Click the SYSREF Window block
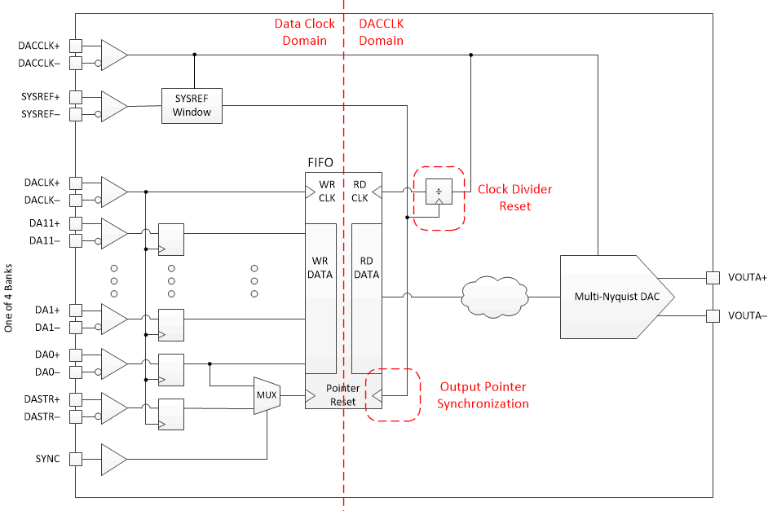[192, 105]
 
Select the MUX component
[267, 396]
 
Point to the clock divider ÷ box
[439, 192]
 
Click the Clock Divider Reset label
[514, 198]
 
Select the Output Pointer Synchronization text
[483, 395]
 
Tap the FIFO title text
[320, 163]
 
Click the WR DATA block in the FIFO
[320, 268]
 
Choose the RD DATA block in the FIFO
[367, 268]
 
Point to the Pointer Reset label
[342, 395]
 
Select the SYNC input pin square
[76, 459]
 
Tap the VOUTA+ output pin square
[712, 278]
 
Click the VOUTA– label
[745, 315]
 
